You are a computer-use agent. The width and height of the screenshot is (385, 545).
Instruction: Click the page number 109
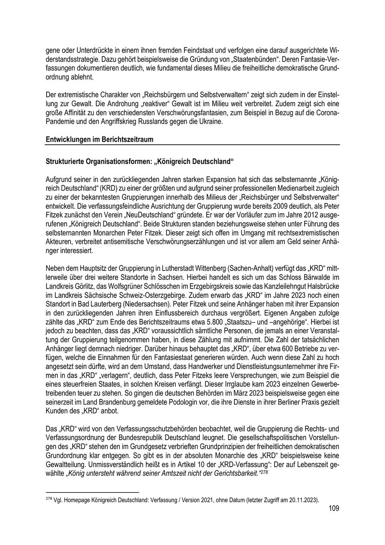pos(334,508)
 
